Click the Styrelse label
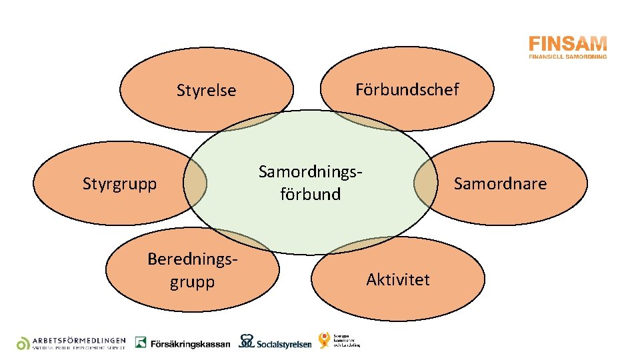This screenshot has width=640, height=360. [x=206, y=90]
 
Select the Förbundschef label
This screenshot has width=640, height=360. [x=407, y=89]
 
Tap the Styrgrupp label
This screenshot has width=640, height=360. [x=119, y=183]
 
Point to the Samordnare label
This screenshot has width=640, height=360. [x=500, y=183]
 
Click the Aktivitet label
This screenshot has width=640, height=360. [x=398, y=279]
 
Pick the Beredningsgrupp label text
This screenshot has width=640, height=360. [x=192, y=270]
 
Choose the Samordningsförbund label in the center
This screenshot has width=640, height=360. [x=310, y=183]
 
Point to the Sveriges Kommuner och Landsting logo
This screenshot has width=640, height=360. [x=339, y=340]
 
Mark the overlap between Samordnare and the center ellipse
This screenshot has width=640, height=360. [x=425, y=183]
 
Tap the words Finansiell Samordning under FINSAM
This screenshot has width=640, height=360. [x=567, y=57]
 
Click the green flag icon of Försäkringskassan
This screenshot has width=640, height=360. [x=141, y=342]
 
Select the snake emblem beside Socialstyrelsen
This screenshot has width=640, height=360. [x=246, y=341]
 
